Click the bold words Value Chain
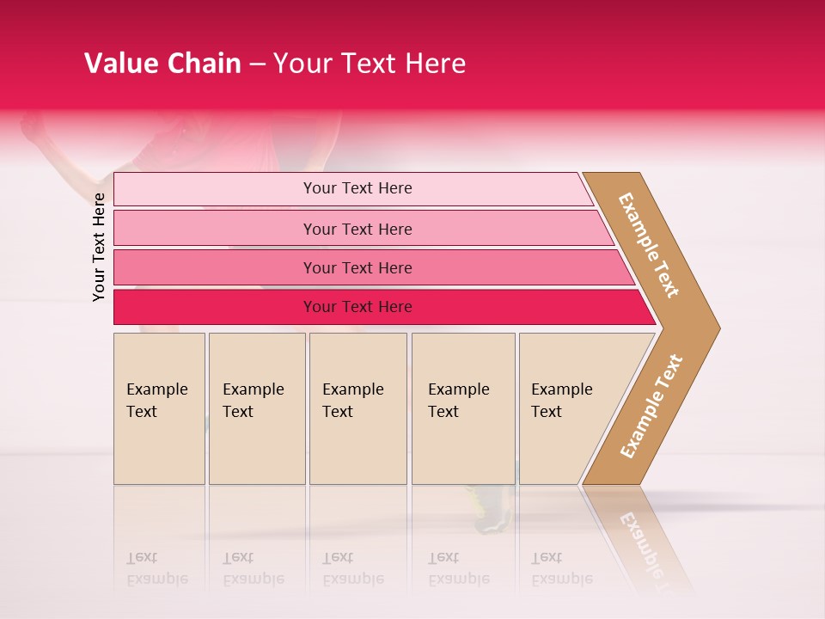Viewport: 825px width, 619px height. point(162,64)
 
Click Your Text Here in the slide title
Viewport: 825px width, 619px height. point(370,64)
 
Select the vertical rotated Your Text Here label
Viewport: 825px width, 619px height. point(99,247)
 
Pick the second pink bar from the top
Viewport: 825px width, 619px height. point(357,229)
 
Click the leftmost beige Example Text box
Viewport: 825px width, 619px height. point(159,408)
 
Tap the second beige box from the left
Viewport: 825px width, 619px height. point(256,408)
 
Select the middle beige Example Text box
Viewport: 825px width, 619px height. point(357,408)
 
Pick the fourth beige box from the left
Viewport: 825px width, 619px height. point(462,408)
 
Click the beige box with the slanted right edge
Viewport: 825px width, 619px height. point(567,408)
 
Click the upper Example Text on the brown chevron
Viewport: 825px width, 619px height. point(649,245)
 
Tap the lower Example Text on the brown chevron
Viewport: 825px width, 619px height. point(651,406)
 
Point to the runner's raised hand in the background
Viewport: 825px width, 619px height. point(33,127)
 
